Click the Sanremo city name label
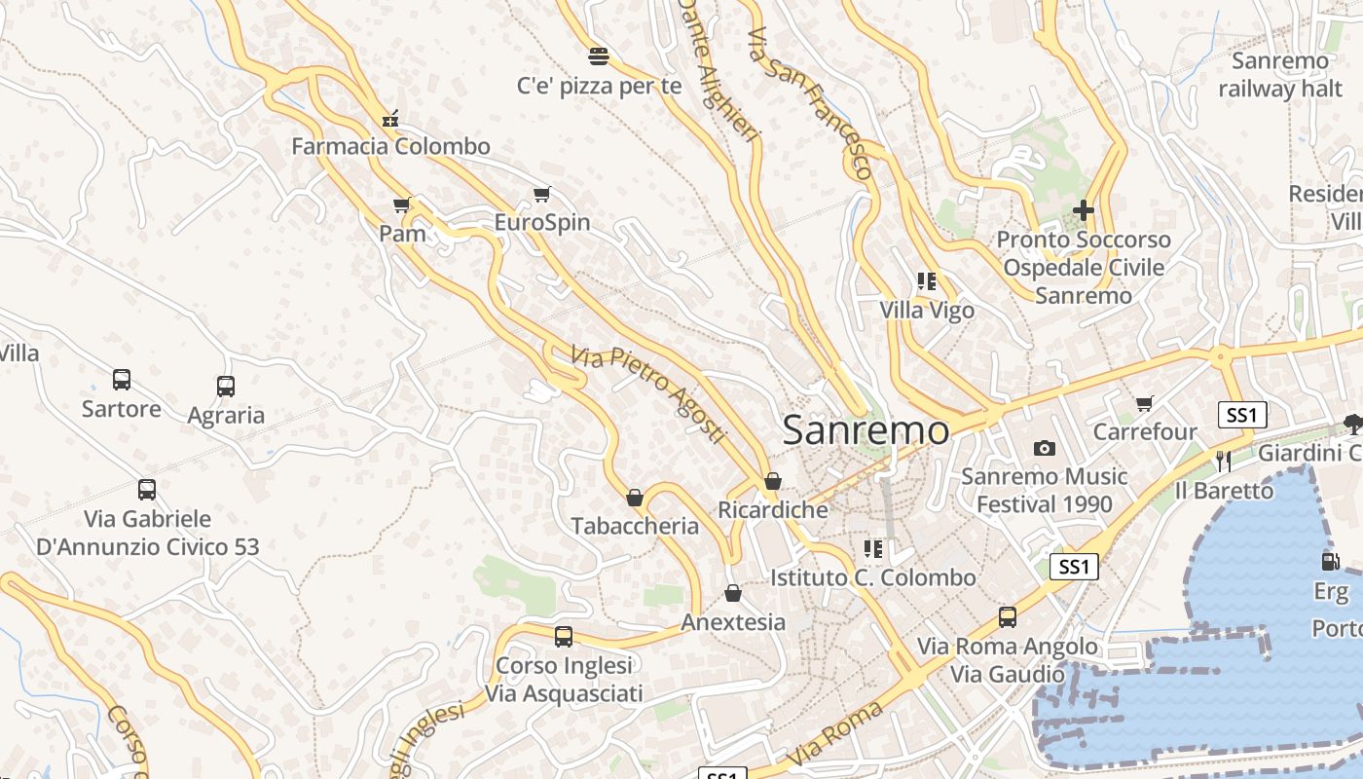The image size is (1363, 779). coord(866,429)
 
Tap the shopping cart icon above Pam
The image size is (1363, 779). coord(401,204)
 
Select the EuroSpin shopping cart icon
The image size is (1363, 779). coord(542,195)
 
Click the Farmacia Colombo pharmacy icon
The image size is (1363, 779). coord(390,120)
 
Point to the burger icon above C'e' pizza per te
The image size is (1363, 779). coord(599,56)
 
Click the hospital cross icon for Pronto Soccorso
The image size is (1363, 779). coord(1083,209)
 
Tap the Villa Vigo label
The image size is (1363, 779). coord(927,311)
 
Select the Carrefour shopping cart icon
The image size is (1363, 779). coord(1145,403)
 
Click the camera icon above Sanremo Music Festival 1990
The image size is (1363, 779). coord(1045,448)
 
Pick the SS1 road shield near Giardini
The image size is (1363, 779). coord(1242,416)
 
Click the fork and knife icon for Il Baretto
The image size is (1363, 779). coord(1224,461)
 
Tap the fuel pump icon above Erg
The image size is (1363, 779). coord(1330,561)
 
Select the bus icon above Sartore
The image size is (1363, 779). coord(122,380)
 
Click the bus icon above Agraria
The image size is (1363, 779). coord(226,387)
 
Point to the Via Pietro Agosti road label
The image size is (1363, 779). coord(649,394)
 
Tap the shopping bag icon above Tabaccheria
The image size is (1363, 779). coord(635,498)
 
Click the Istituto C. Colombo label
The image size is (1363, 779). coord(872,577)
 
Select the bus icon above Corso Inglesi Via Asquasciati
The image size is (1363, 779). coord(564,637)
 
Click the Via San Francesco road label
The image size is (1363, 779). coord(809,101)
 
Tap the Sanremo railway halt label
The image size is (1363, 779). coord(1279,75)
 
